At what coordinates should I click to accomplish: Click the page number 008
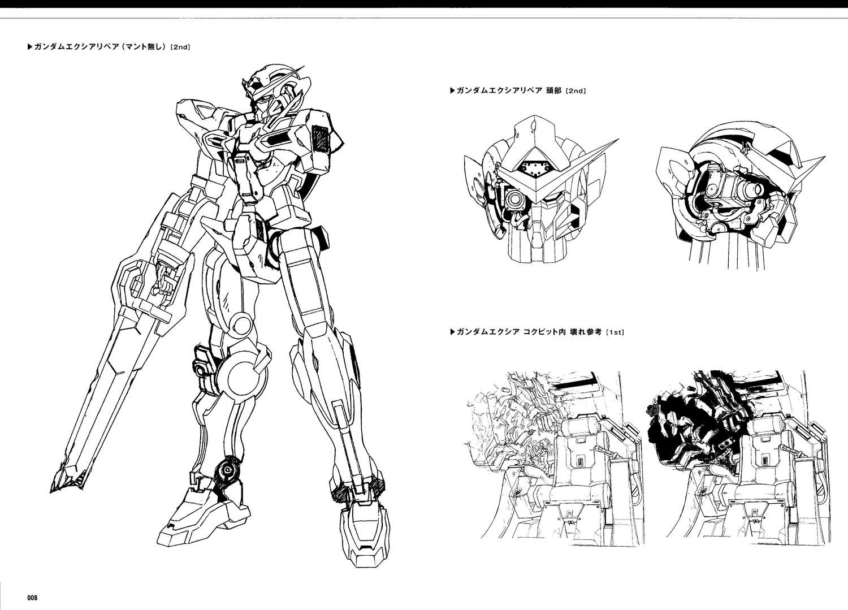pyautogui.click(x=33, y=598)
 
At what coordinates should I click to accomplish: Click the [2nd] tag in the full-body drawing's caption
pyautogui.click(x=180, y=47)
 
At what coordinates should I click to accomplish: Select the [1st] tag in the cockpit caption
pyautogui.click(x=615, y=332)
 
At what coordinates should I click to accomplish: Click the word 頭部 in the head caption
pyautogui.click(x=553, y=91)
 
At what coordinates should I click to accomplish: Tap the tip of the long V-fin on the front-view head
pyautogui.click(x=618, y=139)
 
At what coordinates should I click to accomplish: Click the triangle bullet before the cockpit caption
pyautogui.click(x=452, y=332)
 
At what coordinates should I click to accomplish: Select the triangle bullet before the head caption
pyautogui.click(x=452, y=91)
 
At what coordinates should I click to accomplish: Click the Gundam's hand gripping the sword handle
pyautogui.click(x=163, y=280)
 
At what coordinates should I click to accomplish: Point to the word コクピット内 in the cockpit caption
pyautogui.click(x=545, y=332)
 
